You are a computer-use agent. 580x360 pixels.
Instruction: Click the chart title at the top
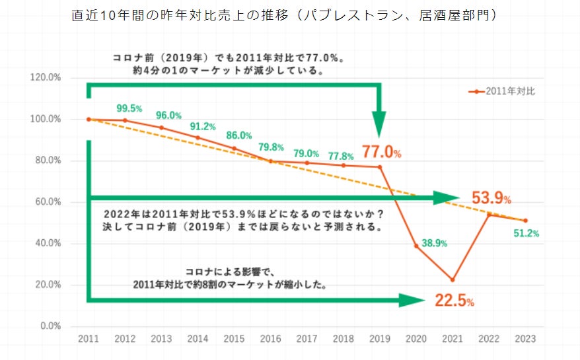[285, 15]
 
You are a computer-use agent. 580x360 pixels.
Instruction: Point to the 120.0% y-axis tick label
[46, 78]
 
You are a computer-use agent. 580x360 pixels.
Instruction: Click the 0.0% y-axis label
[50, 326]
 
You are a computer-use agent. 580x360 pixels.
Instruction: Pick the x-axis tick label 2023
[525, 339]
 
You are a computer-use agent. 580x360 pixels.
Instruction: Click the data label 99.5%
[129, 108]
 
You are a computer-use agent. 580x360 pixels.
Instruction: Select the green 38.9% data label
[434, 243]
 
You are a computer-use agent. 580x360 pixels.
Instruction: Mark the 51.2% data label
[526, 233]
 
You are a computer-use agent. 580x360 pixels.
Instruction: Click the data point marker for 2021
[453, 279]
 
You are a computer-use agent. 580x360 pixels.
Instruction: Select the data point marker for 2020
[416, 246]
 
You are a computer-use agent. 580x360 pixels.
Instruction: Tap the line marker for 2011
[89, 120]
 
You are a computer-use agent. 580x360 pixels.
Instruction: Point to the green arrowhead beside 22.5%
[412, 301]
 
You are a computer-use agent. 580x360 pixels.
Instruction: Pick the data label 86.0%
[239, 135]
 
